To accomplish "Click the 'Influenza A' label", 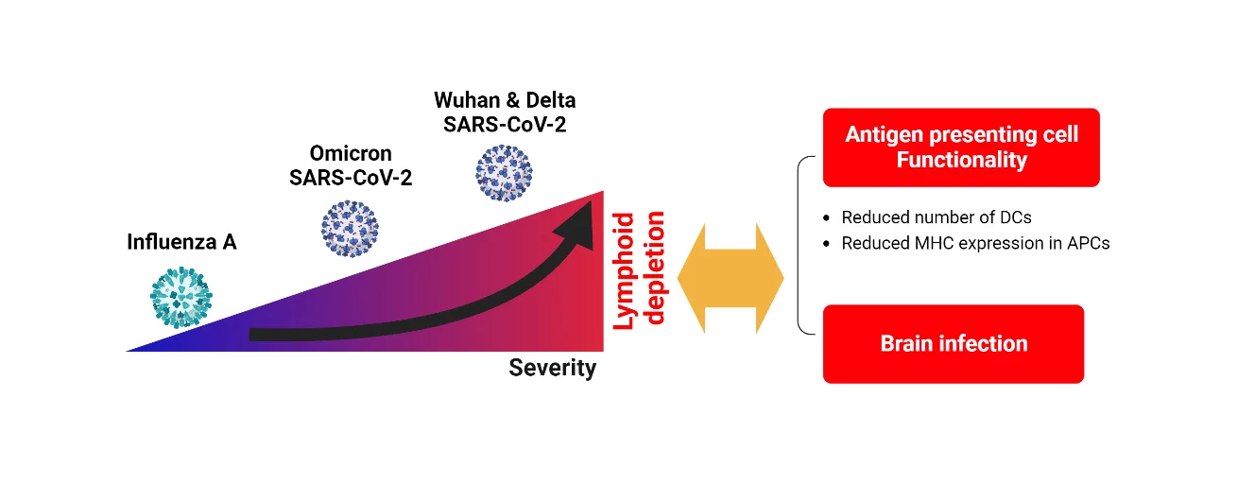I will tap(181, 242).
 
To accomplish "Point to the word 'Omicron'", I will tap(350, 153).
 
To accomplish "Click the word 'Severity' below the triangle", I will tap(552, 368).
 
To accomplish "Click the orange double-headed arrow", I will tap(731, 278).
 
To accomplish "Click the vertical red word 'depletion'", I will tap(654, 268).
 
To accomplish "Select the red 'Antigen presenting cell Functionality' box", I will tap(961, 147).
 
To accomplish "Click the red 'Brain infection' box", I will tap(953, 343).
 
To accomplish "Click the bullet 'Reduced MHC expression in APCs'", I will tap(974, 243).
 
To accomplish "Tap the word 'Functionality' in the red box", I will tap(961, 160).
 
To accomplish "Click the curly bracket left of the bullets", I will tap(802, 246).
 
